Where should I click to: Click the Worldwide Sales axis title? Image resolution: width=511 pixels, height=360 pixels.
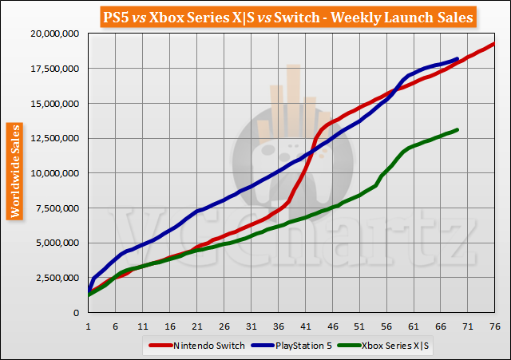(x=14, y=170)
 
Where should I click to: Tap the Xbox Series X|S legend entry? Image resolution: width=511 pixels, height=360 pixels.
(x=383, y=345)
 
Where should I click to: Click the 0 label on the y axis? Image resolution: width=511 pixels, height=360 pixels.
(x=78, y=313)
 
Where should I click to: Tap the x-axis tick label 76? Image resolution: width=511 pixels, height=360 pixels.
(x=494, y=326)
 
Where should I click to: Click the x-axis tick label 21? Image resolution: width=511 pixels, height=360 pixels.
(x=196, y=326)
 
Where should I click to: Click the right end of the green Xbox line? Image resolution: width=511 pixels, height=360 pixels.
(x=457, y=129)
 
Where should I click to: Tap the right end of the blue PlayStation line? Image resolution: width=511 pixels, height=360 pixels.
(x=457, y=58)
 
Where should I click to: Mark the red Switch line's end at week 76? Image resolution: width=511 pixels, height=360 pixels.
(x=494, y=43)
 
